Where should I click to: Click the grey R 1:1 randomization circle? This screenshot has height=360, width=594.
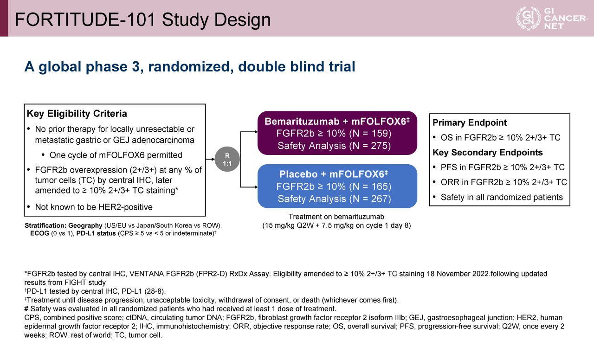click(x=227, y=161)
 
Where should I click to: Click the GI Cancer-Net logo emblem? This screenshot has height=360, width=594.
click(x=528, y=19)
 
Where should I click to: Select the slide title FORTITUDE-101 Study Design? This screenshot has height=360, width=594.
click(x=143, y=19)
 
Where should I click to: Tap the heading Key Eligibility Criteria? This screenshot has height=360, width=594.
click(x=77, y=114)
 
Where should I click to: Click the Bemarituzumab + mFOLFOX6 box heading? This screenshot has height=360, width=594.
click(x=337, y=122)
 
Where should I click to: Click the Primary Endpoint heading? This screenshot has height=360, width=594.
click(x=470, y=123)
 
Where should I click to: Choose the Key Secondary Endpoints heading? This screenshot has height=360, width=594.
click(x=488, y=153)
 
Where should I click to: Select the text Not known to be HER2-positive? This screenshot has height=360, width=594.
click(x=94, y=207)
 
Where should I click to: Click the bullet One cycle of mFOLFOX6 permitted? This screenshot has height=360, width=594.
click(x=116, y=155)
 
